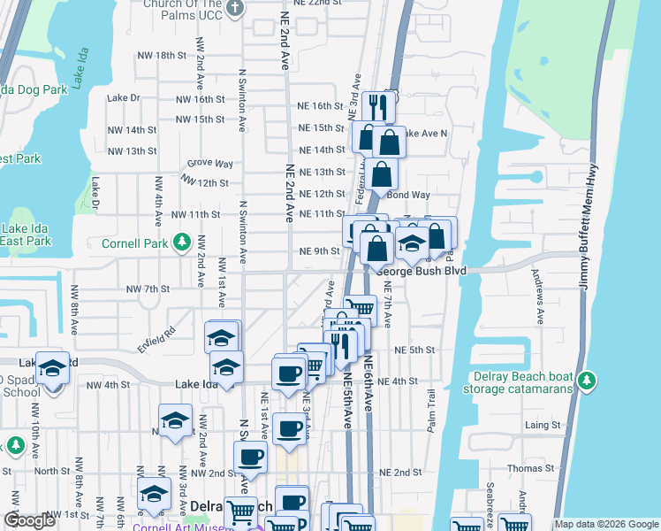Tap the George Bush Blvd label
[421, 271]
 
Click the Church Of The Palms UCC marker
[234, 8]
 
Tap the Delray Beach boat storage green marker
[585, 381]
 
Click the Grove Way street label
[209, 164]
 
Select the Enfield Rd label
[156, 337]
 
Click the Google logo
[29, 521]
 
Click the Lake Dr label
[123, 98]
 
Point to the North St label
[51, 472]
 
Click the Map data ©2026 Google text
[606, 524]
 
